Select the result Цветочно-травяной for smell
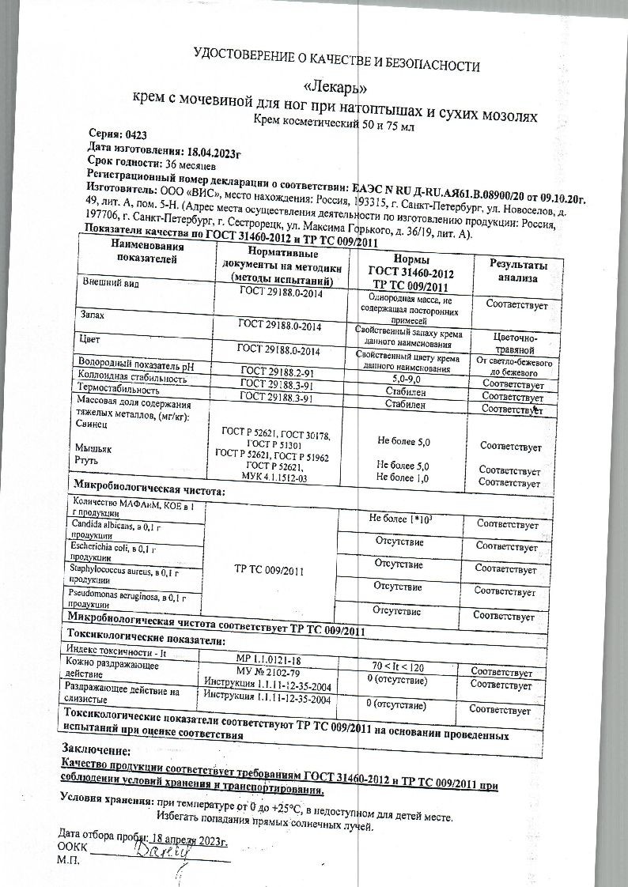tap(513, 342)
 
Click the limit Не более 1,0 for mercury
tap(403, 477)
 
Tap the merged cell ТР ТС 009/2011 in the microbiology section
tap(270, 568)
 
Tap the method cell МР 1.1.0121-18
tap(269, 658)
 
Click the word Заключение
tap(95, 749)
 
